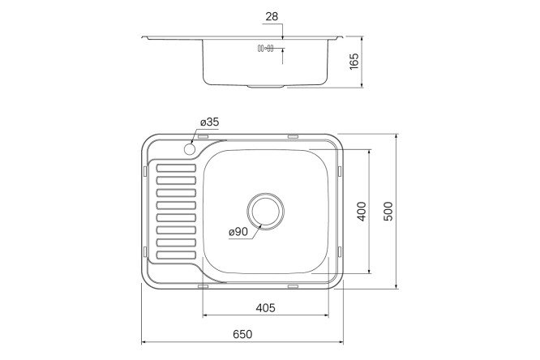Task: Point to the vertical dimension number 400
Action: click(x=362, y=212)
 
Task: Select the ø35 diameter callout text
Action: click(x=209, y=122)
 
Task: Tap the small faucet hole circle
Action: click(x=191, y=149)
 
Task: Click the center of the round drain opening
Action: click(x=266, y=211)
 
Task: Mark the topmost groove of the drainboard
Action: click(x=174, y=169)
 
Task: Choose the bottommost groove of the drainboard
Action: click(x=174, y=255)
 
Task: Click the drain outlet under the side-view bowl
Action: click(x=266, y=85)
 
